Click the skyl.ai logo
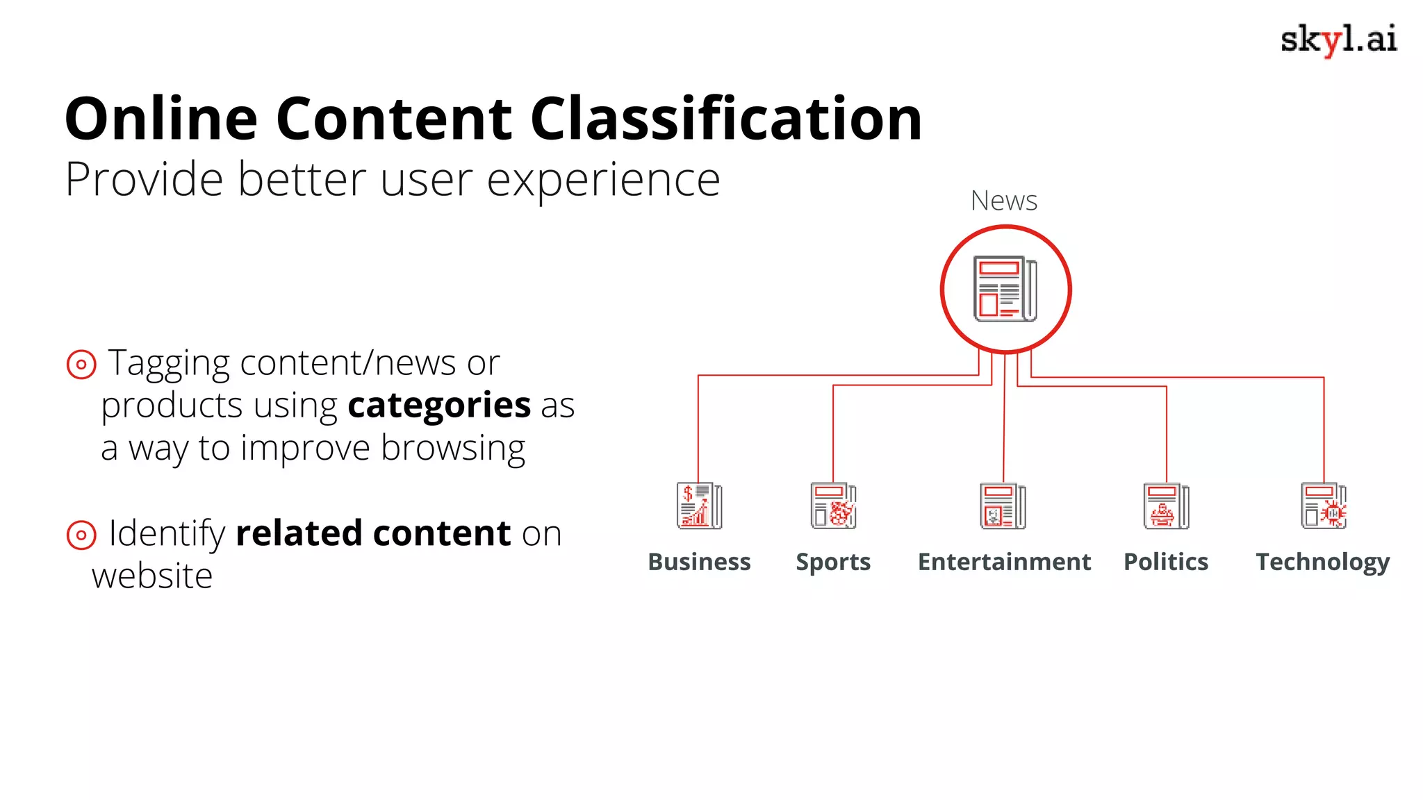[1338, 40]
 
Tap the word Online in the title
[161, 119]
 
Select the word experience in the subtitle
[603, 180]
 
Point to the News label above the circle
[1004, 201]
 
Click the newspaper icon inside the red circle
[1005, 289]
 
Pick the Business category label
[699, 562]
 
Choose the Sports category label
[833, 562]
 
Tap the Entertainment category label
[1004, 562]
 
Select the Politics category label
[1166, 562]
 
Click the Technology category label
[1323, 562]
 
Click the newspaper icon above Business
[699, 506]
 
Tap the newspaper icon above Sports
[833, 506]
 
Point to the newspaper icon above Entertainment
[1003, 506]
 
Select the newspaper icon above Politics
[1166, 506]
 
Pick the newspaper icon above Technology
[1324, 506]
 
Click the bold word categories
[439, 406]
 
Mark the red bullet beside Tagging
[81, 364]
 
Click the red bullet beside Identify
[81, 535]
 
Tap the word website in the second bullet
[152, 576]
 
